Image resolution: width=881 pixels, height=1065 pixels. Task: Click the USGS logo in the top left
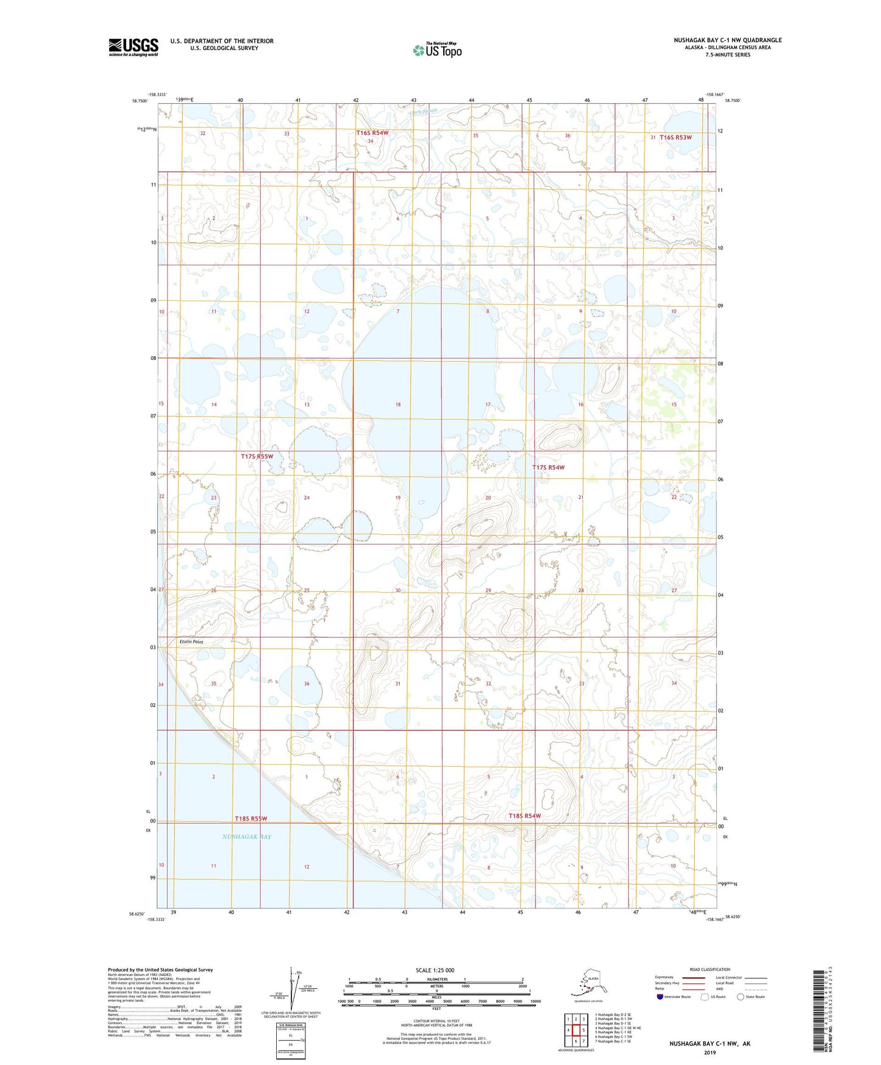tap(133, 47)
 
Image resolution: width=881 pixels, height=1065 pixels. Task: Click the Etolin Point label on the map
tap(191, 642)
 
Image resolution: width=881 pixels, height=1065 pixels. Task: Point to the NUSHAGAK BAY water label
tap(247, 837)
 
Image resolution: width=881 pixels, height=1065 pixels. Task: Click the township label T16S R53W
tap(676, 137)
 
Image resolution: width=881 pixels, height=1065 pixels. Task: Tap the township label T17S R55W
tap(257, 456)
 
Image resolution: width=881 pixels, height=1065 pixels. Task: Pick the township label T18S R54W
tap(524, 816)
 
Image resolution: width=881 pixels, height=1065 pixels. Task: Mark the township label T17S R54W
tap(548, 467)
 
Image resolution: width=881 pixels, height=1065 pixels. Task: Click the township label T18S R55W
tap(251, 819)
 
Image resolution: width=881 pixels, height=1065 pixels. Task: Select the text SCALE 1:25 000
tap(435, 970)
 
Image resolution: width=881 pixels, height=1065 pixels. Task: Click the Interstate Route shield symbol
tap(660, 997)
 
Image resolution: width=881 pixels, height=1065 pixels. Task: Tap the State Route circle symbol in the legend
tap(741, 997)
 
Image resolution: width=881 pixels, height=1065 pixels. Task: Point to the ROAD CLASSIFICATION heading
tap(710, 969)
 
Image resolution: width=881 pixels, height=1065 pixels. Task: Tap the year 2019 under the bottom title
tap(710, 1052)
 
